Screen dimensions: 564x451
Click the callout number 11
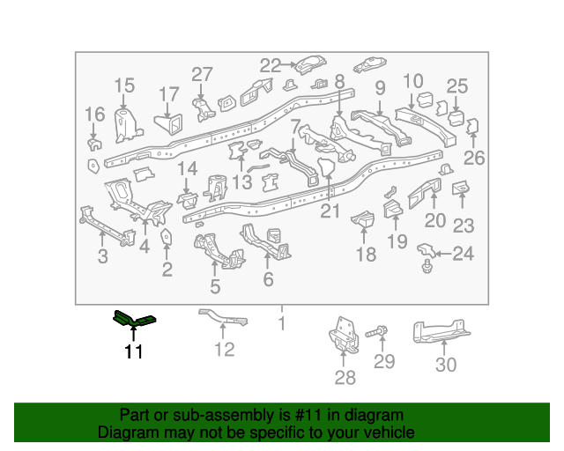[x=133, y=353]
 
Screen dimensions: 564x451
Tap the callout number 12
[x=225, y=350]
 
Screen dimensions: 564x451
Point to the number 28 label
[x=345, y=378]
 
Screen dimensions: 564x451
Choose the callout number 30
[x=446, y=366]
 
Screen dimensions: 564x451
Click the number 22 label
[x=271, y=65]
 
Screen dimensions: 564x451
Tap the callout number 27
[x=203, y=75]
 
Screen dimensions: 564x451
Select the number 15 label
[x=124, y=85]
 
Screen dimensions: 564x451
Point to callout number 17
[x=168, y=94]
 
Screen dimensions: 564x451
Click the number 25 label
[x=456, y=86]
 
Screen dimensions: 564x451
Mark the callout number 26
[x=474, y=158]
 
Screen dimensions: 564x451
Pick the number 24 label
[x=463, y=255]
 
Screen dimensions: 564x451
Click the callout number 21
[x=330, y=211]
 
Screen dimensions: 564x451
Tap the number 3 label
[x=103, y=256]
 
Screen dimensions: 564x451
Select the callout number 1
[x=282, y=323]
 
